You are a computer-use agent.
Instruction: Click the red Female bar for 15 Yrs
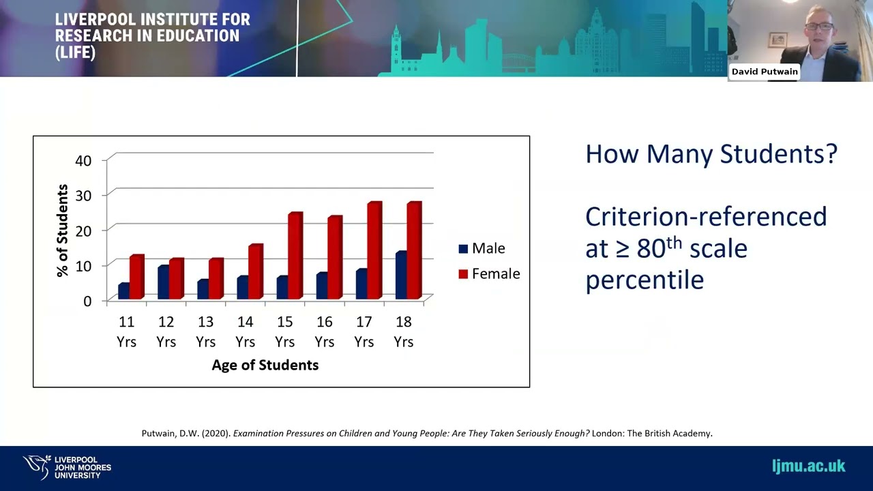[x=295, y=256]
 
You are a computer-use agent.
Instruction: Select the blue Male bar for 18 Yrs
[x=400, y=276]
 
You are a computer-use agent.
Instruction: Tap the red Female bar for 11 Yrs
[x=136, y=277]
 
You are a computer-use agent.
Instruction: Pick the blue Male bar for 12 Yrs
[x=163, y=282]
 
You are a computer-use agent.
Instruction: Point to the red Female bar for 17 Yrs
[x=374, y=250]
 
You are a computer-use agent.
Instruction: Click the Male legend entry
[x=482, y=248]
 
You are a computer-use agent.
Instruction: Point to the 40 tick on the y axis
[x=83, y=160]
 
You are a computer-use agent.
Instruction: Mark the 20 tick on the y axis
[x=83, y=230]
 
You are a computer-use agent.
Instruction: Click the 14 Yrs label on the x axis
[x=245, y=331]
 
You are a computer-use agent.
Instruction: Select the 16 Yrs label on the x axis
[x=324, y=331]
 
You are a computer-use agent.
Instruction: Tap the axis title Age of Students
[x=265, y=365]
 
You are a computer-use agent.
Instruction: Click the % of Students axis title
[x=62, y=230]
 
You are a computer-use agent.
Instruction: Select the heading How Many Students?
[x=711, y=153]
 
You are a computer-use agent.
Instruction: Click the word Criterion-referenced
[x=706, y=216]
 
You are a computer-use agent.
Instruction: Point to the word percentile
[x=644, y=279]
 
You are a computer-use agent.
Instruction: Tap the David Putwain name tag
[x=764, y=72]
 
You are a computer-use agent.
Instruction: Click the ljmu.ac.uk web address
[x=808, y=466]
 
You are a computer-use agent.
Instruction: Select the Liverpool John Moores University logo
[x=67, y=467]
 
